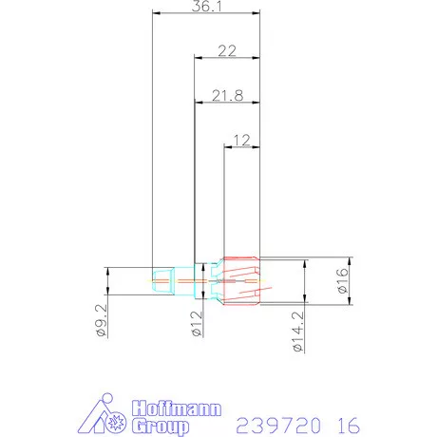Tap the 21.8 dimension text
tap(226, 95)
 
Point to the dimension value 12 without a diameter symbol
tap(241, 140)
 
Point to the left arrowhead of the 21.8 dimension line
tap(198, 102)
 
